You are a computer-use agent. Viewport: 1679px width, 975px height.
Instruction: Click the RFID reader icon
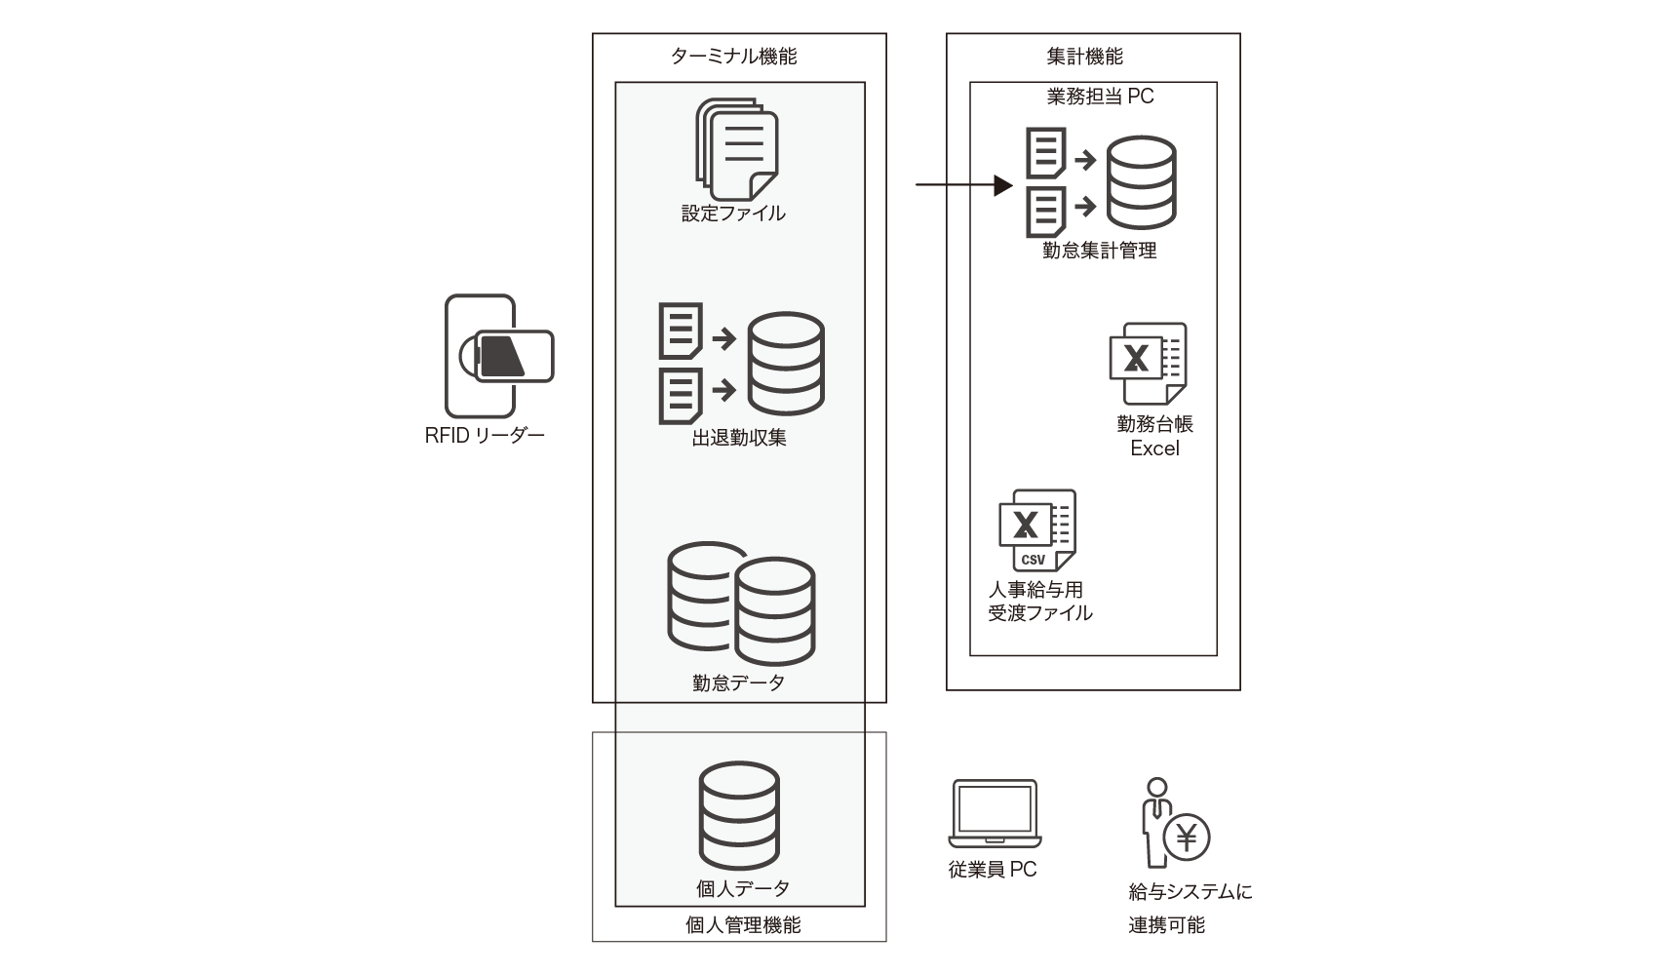point(498,356)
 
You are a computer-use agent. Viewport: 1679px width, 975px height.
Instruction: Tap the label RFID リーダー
point(485,436)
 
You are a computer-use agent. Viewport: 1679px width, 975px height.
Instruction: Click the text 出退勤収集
point(738,438)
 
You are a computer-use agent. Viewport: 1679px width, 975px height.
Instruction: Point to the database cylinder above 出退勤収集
point(785,363)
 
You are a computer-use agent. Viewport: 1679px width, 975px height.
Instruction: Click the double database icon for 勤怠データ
point(741,604)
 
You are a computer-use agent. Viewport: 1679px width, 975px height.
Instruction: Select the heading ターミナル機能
point(733,57)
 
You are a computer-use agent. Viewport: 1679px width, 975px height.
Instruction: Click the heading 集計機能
point(1084,57)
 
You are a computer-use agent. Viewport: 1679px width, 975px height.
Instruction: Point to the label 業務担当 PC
point(1100,97)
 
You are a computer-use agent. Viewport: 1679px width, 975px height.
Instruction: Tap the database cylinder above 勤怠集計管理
point(1140,182)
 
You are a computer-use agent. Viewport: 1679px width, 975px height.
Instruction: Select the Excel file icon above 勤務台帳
point(1148,363)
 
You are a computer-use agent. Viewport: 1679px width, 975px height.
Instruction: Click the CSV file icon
point(1036,530)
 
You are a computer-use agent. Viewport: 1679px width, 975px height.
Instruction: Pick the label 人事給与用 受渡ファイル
point(1039,602)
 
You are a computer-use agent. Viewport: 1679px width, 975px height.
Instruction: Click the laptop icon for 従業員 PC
point(995,814)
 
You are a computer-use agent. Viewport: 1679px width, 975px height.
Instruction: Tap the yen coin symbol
point(1187,837)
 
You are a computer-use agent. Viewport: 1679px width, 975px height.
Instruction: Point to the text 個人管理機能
point(743,924)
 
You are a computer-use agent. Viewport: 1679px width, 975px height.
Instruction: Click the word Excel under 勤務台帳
point(1154,448)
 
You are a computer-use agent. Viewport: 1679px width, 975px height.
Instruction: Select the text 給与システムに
point(1190,891)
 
